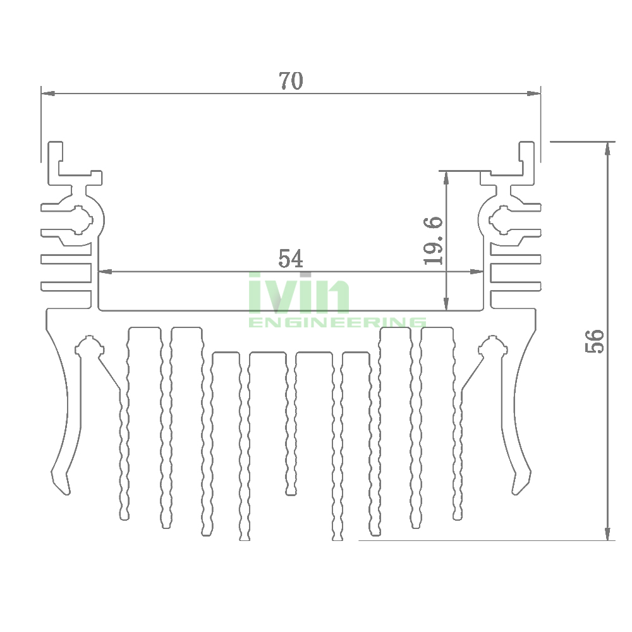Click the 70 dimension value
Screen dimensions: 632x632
[291, 81]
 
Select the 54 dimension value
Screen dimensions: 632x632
[291, 258]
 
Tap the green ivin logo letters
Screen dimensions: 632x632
[299, 293]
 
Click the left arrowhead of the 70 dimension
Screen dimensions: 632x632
[46, 94]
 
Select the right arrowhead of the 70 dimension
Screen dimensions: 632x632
[536, 94]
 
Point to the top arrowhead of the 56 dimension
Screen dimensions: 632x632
[608, 147]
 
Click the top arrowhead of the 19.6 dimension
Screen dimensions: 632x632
[447, 176]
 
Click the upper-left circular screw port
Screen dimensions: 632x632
[80, 220]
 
